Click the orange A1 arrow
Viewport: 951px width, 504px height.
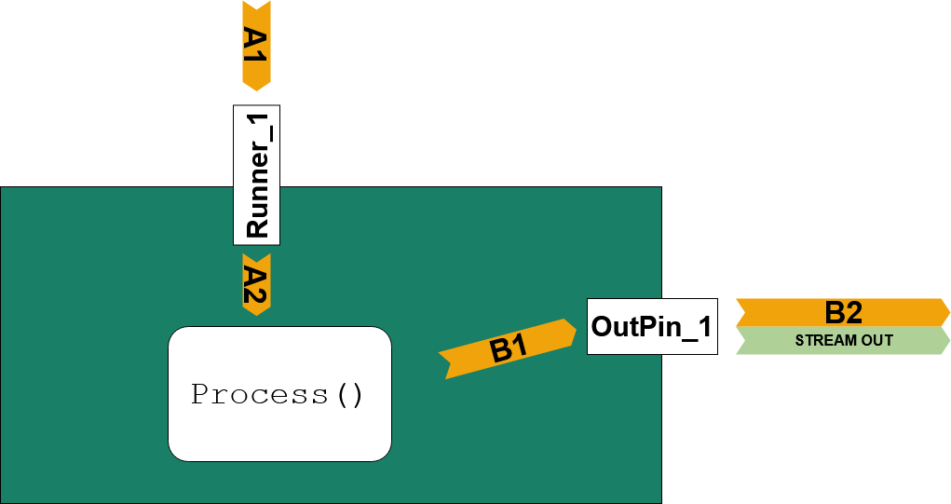tap(256, 46)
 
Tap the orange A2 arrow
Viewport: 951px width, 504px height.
tap(256, 284)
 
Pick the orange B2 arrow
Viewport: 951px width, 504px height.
tap(843, 312)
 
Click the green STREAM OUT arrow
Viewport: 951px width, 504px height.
tap(843, 340)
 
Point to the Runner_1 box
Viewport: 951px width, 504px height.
tap(256, 175)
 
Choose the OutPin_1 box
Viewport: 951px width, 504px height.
tap(652, 326)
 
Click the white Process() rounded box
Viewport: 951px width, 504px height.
tap(279, 394)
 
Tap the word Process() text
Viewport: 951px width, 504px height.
tap(278, 395)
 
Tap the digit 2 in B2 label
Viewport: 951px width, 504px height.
tap(853, 313)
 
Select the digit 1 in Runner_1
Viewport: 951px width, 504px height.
tap(256, 121)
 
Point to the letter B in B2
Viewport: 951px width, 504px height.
tap(834, 313)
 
